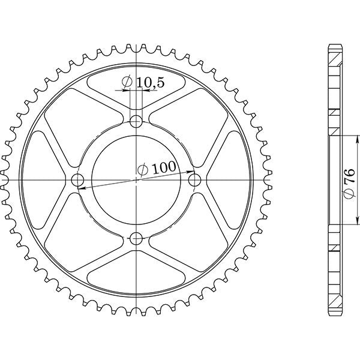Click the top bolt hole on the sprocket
(x=137, y=121)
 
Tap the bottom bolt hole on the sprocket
(x=137, y=237)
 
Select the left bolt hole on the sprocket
(x=78, y=179)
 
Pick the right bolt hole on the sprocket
(x=194, y=179)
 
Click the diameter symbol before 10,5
(x=127, y=83)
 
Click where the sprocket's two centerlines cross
(x=137, y=179)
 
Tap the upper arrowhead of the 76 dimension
(x=341, y=138)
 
